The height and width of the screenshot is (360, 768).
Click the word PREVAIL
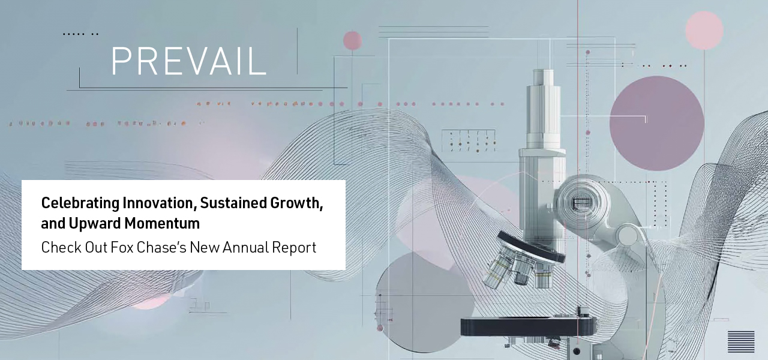click(188, 61)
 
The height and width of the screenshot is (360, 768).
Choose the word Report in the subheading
click(293, 247)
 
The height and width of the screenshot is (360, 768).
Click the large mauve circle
click(656, 123)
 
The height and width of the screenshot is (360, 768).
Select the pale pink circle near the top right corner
click(704, 30)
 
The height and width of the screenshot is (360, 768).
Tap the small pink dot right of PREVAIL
click(352, 40)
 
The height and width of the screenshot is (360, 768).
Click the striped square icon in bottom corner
click(741, 341)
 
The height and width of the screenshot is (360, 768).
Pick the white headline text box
click(184, 224)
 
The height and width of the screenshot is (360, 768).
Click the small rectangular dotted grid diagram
click(468, 140)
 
